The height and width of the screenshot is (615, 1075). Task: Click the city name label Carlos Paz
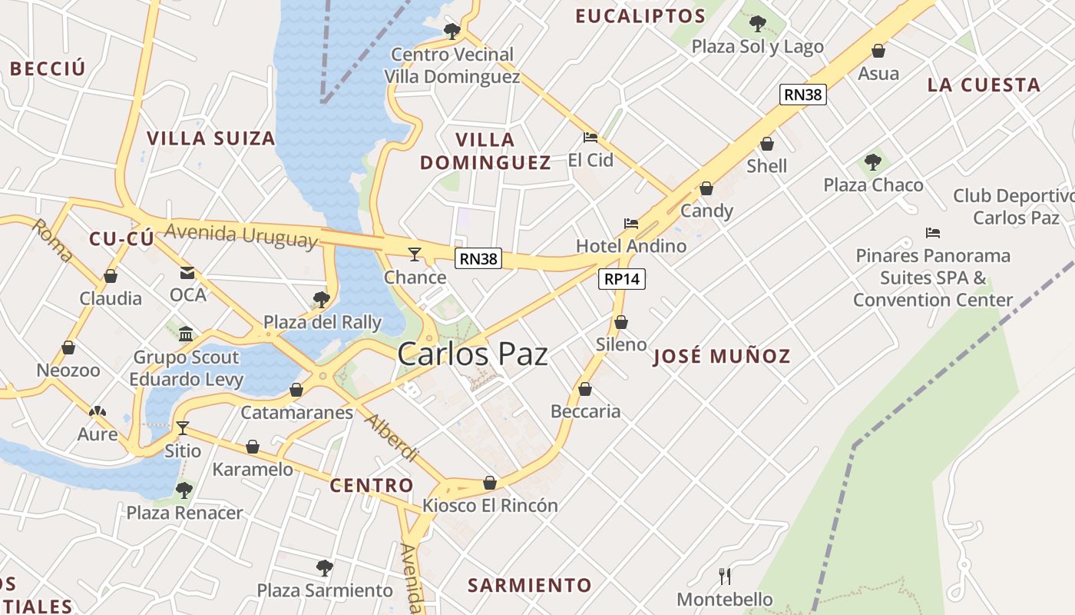[x=472, y=354]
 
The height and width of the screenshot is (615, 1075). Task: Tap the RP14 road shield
[x=621, y=279]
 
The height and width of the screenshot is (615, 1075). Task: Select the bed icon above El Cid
[x=590, y=138]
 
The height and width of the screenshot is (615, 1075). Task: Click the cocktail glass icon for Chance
[x=415, y=254]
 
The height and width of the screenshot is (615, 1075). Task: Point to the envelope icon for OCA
[x=187, y=273]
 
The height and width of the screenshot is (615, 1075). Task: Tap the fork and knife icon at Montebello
[x=724, y=576]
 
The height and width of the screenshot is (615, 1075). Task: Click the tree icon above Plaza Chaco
[x=872, y=162]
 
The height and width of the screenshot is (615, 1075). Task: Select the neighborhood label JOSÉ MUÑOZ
[x=721, y=357]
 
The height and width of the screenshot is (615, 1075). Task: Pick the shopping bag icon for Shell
[x=766, y=144]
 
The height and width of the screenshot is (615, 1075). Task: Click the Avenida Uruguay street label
[x=240, y=235]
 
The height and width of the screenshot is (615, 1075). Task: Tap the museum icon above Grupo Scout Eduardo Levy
[x=186, y=334]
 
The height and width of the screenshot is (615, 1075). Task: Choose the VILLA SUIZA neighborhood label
[x=210, y=138]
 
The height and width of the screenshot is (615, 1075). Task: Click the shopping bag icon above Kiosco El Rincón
[x=489, y=483]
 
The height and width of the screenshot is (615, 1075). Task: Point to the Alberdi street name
[x=391, y=437]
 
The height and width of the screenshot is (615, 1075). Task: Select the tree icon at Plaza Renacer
[x=184, y=490]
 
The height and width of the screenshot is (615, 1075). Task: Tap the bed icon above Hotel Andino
[x=631, y=224]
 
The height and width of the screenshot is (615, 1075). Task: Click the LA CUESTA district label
[x=983, y=85]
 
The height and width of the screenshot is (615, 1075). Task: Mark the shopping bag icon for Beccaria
[x=585, y=389]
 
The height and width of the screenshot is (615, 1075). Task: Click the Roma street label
[x=53, y=240]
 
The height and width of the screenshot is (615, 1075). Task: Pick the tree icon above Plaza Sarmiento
[x=324, y=568]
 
